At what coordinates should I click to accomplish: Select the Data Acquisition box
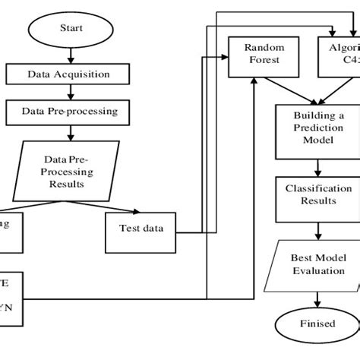69,75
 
